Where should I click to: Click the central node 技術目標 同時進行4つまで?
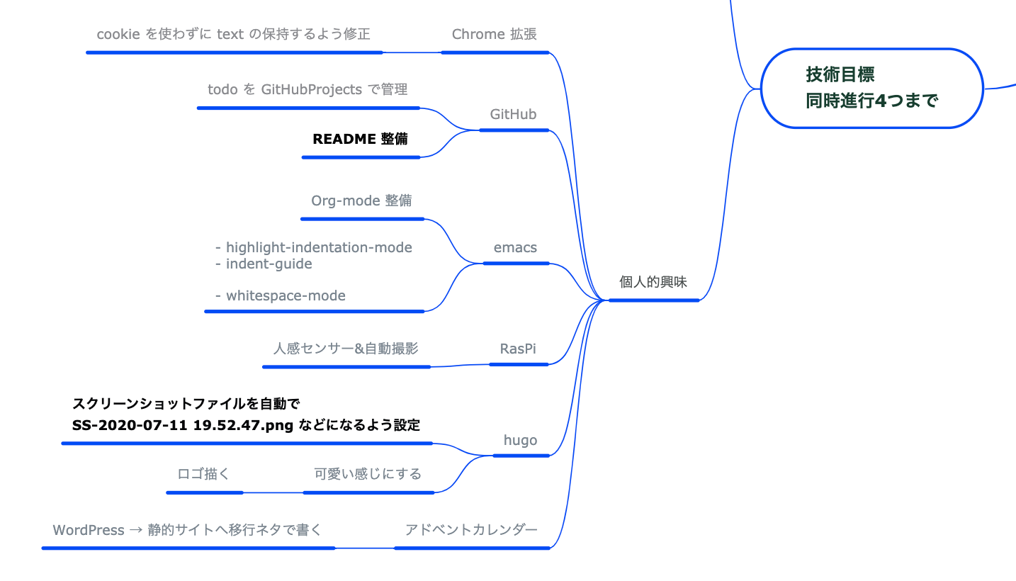tap(871, 88)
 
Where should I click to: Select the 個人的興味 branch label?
tap(653, 282)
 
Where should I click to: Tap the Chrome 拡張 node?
tap(495, 34)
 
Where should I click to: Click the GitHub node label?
tap(513, 114)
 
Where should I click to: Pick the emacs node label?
tap(515, 248)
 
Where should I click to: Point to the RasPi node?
tap(518, 349)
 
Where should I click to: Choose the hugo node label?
tap(520, 440)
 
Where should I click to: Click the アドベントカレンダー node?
tap(471, 529)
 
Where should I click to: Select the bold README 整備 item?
tap(360, 139)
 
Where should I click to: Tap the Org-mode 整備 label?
tap(361, 201)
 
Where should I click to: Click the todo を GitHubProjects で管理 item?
tap(307, 89)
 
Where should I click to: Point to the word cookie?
tap(118, 34)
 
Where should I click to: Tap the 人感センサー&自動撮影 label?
tap(346, 349)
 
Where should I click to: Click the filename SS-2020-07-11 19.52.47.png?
tap(183, 425)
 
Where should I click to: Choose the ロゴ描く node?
tap(203, 474)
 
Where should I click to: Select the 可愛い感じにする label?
tap(368, 474)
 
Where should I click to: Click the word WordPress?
tap(89, 530)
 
